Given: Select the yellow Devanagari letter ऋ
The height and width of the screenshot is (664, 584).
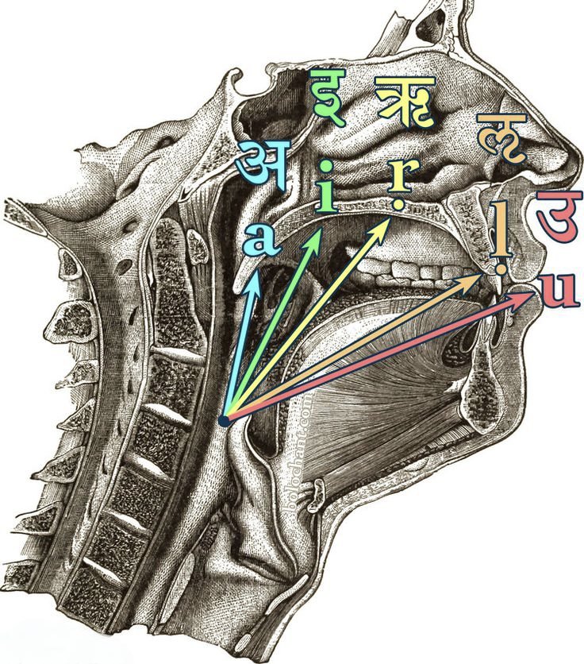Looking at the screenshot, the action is (x=404, y=102).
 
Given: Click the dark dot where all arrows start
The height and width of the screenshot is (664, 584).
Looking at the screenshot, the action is (x=225, y=419).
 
